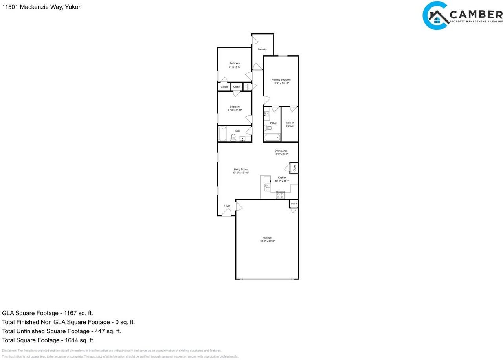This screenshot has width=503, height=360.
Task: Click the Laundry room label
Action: click(262, 50)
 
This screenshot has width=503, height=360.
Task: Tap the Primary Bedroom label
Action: click(281, 80)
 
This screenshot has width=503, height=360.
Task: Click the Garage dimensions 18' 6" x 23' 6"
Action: click(267, 241)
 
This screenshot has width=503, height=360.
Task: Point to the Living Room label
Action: click(240, 169)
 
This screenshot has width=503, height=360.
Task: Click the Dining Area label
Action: click(281, 151)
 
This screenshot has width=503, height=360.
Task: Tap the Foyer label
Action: click(227, 206)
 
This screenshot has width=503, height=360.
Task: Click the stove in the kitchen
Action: click(280, 195)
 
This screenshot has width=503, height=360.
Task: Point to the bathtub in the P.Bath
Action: click(272, 138)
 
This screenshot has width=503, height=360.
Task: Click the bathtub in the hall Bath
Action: click(222, 134)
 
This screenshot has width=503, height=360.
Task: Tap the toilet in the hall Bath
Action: click(233, 137)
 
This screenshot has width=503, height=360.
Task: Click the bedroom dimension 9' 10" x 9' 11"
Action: click(235, 110)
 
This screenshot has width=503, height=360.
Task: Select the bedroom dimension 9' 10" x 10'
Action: click(235, 67)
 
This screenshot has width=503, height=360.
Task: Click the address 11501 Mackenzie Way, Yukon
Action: click(42, 7)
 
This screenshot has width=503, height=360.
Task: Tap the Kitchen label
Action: click(282, 178)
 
